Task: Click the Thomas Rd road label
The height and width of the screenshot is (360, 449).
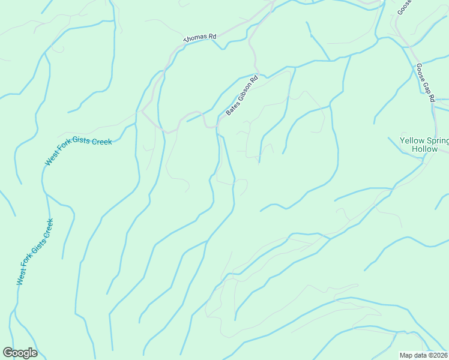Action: click(199, 37)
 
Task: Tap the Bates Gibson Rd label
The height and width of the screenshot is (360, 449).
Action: click(241, 95)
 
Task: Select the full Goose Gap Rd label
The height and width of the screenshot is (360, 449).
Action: click(425, 83)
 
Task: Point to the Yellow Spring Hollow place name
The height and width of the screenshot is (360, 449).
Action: click(424, 145)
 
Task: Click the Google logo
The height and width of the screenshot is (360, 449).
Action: click(20, 353)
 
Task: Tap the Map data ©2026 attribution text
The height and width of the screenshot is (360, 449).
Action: click(423, 355)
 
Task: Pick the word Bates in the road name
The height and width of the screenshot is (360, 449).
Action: click(231, 110)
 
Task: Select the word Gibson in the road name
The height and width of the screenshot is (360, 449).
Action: click(243, 94)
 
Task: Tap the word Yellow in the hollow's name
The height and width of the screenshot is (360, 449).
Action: click(412, 141)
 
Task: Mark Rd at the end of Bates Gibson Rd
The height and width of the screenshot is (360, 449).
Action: click(255, 79)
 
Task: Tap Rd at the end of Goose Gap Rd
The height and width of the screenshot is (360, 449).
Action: click(431, 97)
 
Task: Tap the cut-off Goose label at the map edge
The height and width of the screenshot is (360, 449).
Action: click(402, 8)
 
